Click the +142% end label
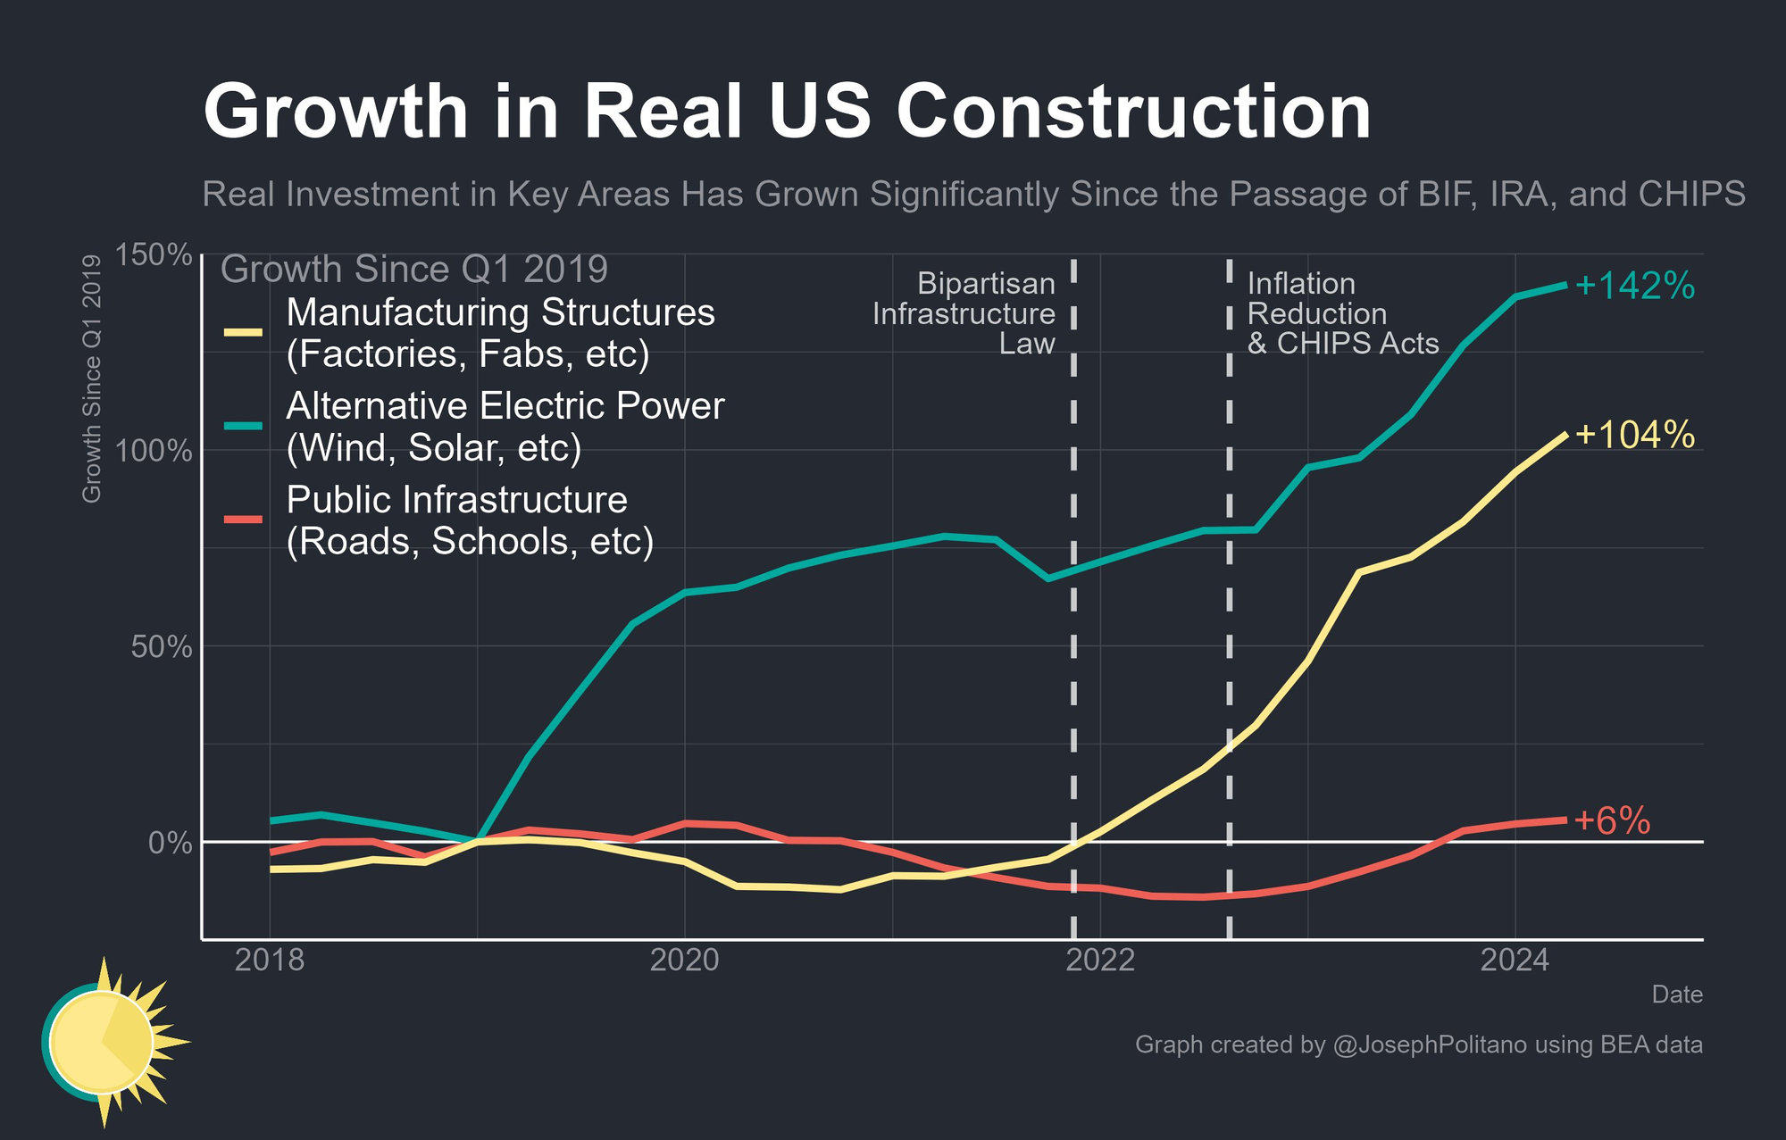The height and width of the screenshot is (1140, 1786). click(x=1634, y=287)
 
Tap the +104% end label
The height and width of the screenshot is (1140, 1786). click(x=1634, y=435)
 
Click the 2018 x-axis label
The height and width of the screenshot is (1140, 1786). click(x=269, y=961)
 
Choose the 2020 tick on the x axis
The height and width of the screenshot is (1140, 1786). click(x=684, y=961)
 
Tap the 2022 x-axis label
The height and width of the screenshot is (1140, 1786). click(x=1100, y=961)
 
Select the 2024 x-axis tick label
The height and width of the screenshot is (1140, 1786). click(x=1515, y=961)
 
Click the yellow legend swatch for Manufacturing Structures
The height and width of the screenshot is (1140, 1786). click(x=243, y=333)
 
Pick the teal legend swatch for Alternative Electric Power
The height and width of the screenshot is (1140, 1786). click(x=243, y=426)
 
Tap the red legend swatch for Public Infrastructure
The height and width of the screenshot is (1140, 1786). click(x=243, y=520)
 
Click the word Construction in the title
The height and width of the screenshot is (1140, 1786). click(x=1133, y=113)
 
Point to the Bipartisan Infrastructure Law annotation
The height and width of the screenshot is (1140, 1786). click(x=964, y=313)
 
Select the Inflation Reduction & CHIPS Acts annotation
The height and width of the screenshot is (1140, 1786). click(x=1342, y=313)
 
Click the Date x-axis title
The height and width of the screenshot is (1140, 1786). click(x=1676, y=994)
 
